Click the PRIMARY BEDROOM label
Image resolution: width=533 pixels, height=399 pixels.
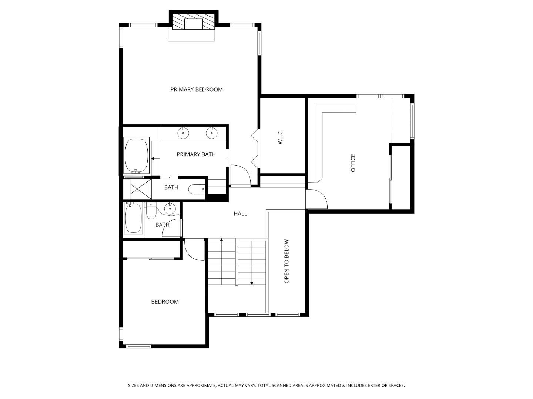coord(197,89)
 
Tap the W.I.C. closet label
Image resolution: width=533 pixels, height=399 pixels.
coord(281,137)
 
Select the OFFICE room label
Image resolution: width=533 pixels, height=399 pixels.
coord(353,163)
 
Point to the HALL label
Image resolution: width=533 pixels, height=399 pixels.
coord(240,214)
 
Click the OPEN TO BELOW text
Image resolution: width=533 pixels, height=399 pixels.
coord(286,261)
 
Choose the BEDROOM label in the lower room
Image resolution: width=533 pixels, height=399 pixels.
coord(165,301)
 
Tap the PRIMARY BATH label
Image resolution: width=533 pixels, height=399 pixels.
coord(196,154)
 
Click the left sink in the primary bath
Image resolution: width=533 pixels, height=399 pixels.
coord(184,132)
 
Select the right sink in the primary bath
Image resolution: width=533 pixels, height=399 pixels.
coord(212,132)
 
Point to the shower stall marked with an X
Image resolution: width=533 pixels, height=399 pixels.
coord(137,189)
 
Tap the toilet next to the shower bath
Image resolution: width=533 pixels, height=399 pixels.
coord(197,189)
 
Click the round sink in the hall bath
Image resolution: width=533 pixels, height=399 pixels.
coord(170,208)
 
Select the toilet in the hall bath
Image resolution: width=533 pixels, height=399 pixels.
coord(151,211)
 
